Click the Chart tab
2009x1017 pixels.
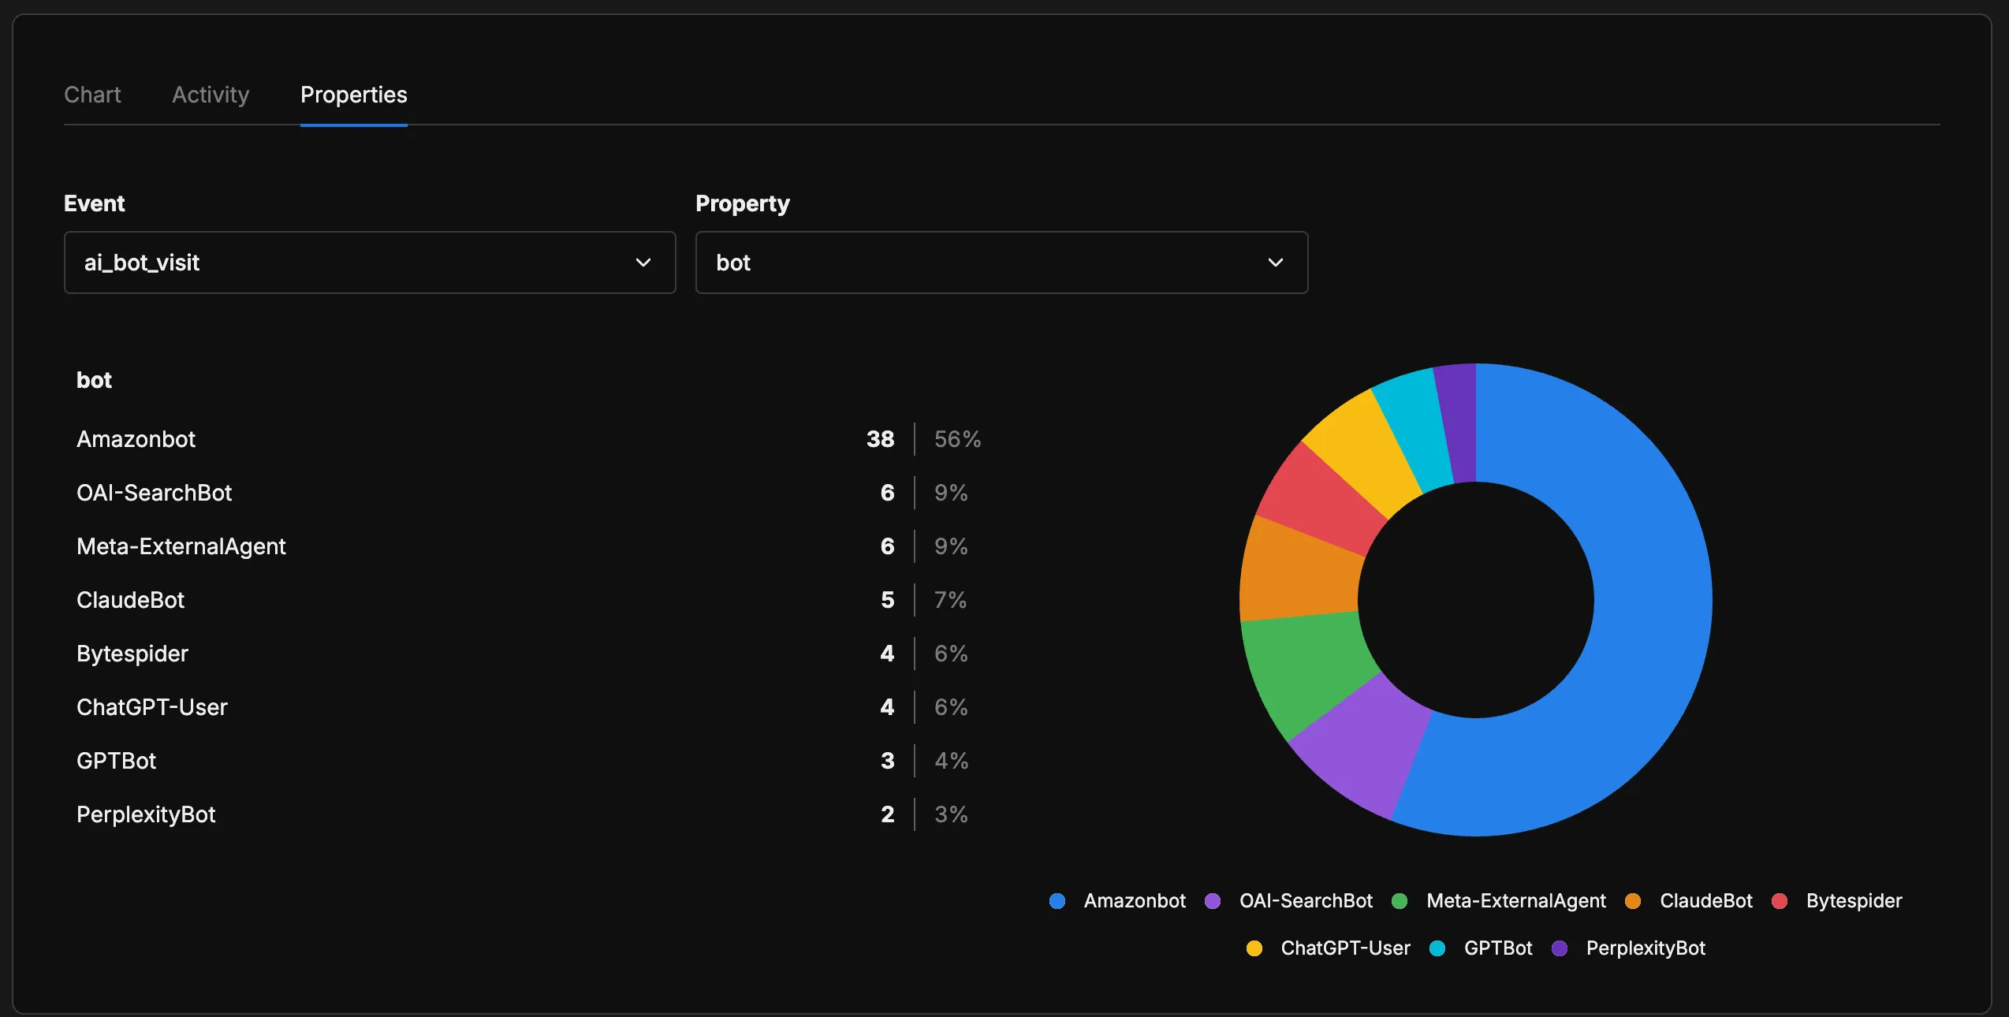coord(92,95)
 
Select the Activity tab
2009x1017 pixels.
coord(211,95)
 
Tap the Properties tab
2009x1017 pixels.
coord(353,95)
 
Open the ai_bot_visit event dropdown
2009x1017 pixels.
coord(369,263)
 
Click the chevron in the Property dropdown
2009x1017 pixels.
coord(1275,263)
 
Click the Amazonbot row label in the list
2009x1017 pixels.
coord(136,439)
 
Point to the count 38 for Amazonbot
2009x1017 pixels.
coord(880,439)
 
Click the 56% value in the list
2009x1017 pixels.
coord(957,439)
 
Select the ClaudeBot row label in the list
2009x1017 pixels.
coord(130,600)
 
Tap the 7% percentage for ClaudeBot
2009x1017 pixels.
coord(950,600)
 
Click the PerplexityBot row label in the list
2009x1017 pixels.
coord(146,814)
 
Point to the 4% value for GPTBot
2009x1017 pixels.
coord(951,761)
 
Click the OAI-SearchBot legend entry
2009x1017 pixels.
coord(1305,901)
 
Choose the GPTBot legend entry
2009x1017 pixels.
coord(1497,948)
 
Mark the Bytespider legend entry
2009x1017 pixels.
coord(1853,901)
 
